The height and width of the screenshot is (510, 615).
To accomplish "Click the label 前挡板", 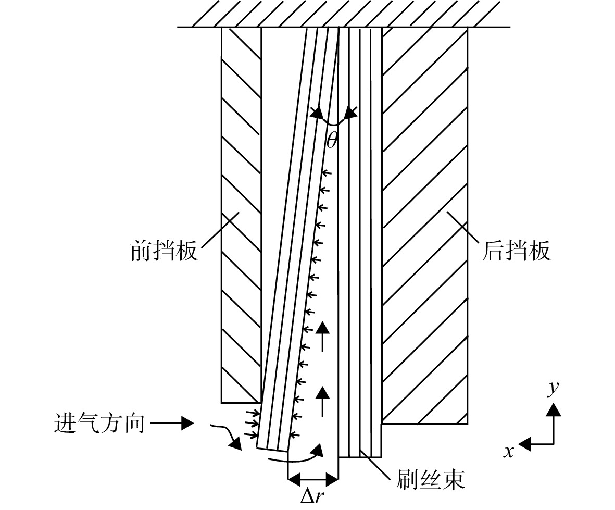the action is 164,250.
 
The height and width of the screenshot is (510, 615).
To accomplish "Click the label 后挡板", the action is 516,250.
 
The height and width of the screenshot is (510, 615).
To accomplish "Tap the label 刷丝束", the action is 431,479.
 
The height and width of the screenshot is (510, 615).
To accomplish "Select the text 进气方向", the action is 99,424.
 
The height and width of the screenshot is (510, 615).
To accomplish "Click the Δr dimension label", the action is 312,496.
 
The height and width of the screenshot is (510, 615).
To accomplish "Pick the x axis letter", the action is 509,452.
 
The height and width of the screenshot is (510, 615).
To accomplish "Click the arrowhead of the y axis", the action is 553,409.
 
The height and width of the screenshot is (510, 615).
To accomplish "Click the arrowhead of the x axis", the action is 525,444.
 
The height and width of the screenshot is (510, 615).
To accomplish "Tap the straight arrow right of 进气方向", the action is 172,424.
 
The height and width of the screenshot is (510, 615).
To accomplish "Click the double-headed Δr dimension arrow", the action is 312,479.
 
